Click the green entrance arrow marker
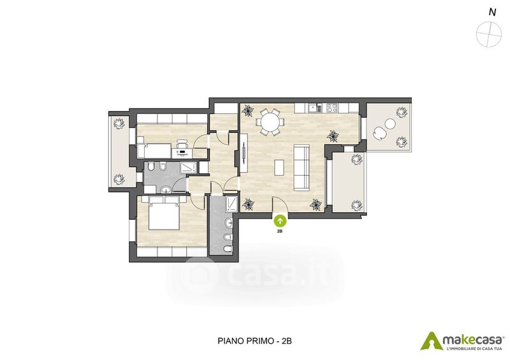click(x=280, y=221)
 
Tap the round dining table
click(x=270, y=122)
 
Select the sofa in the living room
click(x=302, y=168)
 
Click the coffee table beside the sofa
click(x=279, y=167)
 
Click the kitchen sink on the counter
click(x=312, y=108)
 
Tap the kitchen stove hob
click(x=332, y=108)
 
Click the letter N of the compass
click(x=492, y=12)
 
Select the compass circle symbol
click(x=488, y=34)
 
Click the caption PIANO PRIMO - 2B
click(x=254, y=341)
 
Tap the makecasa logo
click(x=463, y=341)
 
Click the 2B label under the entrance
click(x=279, y=231)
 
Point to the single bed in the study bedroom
click(x=154, y=151)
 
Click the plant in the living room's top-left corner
click(x=249, y=111)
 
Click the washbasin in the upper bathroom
click(x=166, y=189)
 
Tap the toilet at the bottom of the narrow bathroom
click(x=228, y=249)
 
